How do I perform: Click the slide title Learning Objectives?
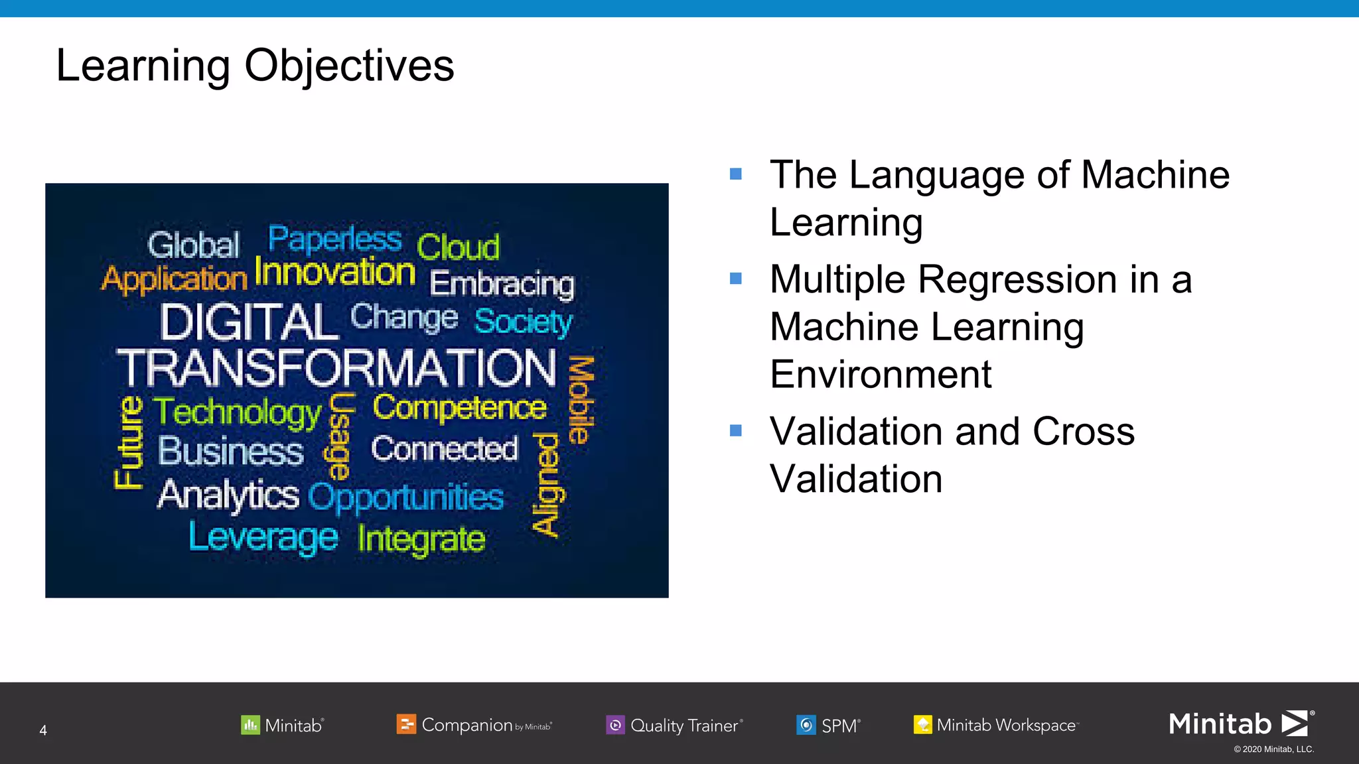pyautogui.click(x=255, y=66)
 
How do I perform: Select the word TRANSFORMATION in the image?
pyautogui.click(x=337, y=368)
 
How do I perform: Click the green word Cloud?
pyautogui.click(x=458, y=247)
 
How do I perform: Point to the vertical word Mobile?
pyautogui.click(x=581, y=400)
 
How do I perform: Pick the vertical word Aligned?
pyautogui.click(x=548, y=484)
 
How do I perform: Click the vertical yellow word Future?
pyautogui.click(x=129, y=442)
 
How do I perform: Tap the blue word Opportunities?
pyautogui.click(x=406, y=497)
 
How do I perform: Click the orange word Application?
pyautogui.click(x=174, y=279)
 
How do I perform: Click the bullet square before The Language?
pyautogui.click(x=735, y=174)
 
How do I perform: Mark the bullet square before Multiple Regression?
pyautogui.click(x=735, y=279)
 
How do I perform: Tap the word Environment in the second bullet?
pyautogui.click(x=881, y=375)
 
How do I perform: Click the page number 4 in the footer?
pyautogui.click(x=43, y=730)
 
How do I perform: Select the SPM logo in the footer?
pyautogui.click(x=828, y=725)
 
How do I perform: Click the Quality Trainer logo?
pyautogui.click(x=674, y=725)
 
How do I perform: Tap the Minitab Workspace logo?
pyautogui.click(x=995, y=725)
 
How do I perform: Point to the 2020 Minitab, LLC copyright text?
pyautogui.click(x=1273, y=749)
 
